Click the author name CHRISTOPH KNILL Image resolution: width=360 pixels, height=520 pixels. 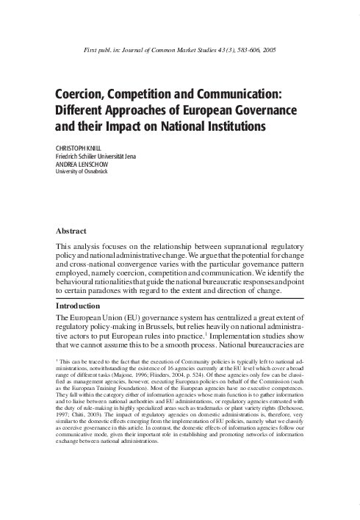81,146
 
